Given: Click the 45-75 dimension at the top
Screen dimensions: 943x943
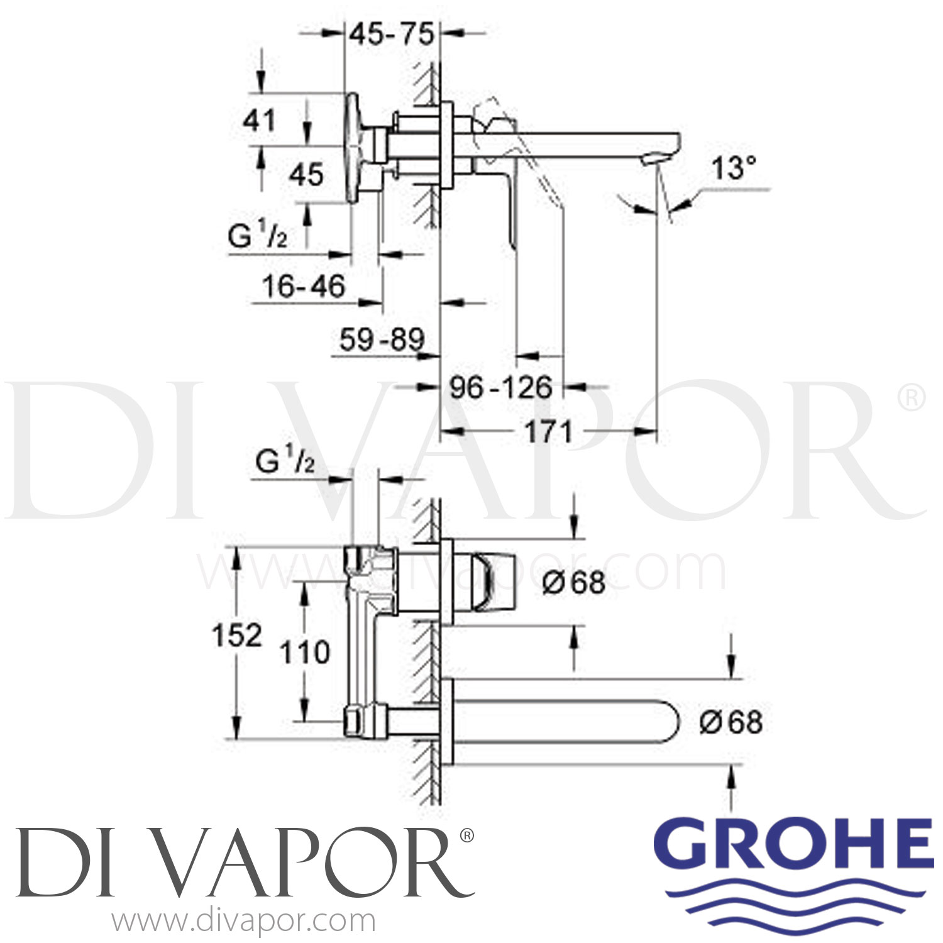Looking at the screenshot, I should [x=392, y=35].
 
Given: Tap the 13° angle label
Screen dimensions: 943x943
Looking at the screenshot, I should [x=734, y=168].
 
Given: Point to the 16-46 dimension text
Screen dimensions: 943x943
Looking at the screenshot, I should [x=304, y=287].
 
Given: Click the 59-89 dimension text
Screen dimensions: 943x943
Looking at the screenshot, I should [x=382, y=340].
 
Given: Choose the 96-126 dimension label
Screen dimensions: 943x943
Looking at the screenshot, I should [x=500, y=387].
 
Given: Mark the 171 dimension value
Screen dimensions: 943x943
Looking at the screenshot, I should [x=548, y=432].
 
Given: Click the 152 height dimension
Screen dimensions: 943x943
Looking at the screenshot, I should [x=236, y=636].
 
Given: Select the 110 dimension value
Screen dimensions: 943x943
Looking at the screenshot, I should [x=305, y=652].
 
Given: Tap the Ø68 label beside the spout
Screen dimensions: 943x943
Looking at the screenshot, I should [x=731, y=722].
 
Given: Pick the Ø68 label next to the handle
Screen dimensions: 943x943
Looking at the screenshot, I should [x=574, y=583].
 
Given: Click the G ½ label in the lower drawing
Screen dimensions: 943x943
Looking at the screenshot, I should [x=285, y=463].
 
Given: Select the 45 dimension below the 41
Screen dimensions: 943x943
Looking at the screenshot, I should [x=306, y=174].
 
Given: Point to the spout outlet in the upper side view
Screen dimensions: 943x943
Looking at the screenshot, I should [x=650, y=162].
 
